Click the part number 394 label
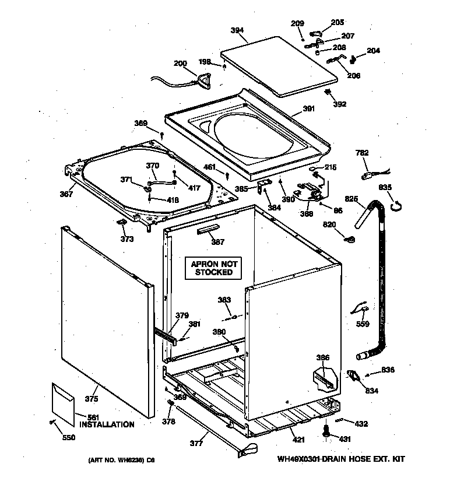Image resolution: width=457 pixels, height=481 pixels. [x=237, y=30]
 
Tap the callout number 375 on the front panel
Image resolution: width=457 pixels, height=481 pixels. [x=92, y=399]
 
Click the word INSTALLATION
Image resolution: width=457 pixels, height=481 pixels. [x=107, y=424]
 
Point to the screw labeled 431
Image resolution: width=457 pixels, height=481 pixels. [x=325, y=432]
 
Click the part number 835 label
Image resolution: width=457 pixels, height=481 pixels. [x=385, y=187]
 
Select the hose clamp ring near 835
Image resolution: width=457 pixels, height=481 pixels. [x=396, y=203]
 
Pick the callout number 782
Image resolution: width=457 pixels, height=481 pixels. [x=362, y=153]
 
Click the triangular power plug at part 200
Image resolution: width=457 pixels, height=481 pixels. [x=205, y=80]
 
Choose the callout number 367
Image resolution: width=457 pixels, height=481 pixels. [x=66, y=194]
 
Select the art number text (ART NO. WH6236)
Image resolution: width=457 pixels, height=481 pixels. [x=121, y=460]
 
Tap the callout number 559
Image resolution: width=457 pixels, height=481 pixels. [x=363, y=324]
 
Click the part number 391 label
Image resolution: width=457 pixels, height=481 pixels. [x=308, y=108]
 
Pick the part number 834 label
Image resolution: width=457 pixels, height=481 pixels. [x=371, y=391]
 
